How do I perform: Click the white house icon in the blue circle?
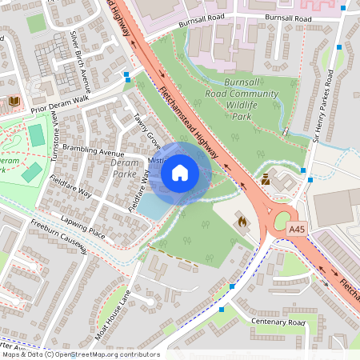[x=180, y=173]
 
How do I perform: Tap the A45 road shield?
[x=297, y=230]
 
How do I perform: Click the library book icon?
[x=14, y=101]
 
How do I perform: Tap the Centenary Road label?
[x=278, y=322]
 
